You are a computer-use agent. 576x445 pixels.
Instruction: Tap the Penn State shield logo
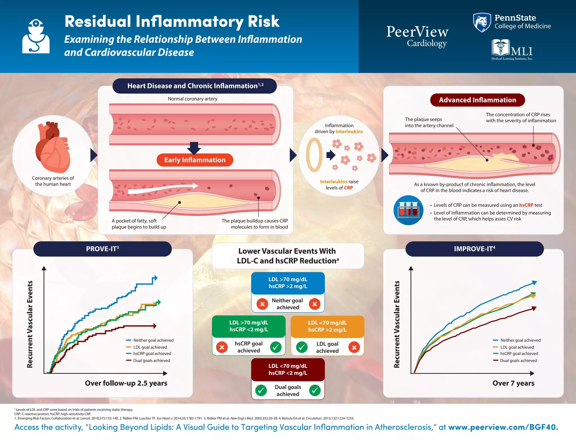click(482, 22)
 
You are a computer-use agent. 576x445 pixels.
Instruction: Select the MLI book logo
click(500, 48)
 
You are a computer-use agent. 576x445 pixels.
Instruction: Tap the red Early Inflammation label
click(195, 160)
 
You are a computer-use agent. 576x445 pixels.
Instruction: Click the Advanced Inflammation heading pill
click(477, 100)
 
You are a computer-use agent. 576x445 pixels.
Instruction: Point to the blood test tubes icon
click(408, 210)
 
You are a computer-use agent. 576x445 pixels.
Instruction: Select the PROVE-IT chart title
click(102, 249)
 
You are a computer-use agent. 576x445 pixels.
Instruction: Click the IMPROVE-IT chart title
click(474, 249)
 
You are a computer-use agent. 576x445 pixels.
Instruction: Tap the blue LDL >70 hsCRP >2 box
click(288, 283)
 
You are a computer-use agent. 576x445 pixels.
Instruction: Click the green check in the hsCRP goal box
click(276, 347)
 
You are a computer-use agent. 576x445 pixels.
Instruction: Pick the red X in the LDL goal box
click(354, 347)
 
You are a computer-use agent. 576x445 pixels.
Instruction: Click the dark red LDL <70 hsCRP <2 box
click(288, 369)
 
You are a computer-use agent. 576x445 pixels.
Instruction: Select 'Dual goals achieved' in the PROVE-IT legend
click(151, 360)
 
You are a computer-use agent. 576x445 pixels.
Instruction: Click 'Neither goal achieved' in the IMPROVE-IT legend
click(520, 340)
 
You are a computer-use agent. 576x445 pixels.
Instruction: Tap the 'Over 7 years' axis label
click(513, 383)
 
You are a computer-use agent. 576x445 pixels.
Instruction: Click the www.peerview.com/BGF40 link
click(503, 427)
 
